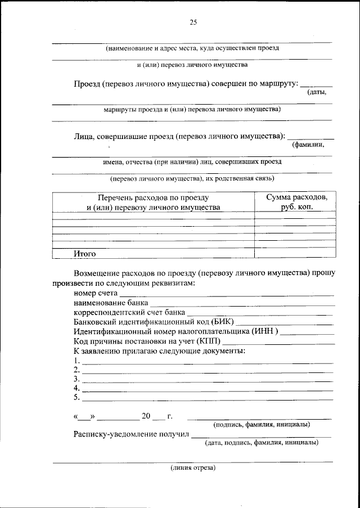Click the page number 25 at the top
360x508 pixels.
point(193,23)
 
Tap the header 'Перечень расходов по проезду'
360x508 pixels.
point(153,198)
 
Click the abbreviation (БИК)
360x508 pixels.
point(222,322)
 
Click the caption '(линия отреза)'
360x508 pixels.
point(193,467)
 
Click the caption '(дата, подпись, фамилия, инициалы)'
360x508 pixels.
point(261,443)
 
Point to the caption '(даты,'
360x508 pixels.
point(316,92)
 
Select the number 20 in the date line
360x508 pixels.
point(146,416)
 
